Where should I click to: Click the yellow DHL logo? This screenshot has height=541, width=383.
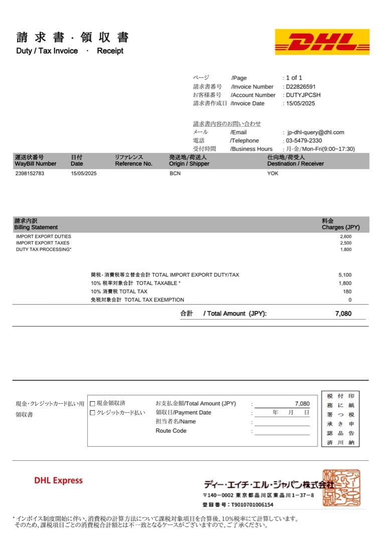[x=322, y=42]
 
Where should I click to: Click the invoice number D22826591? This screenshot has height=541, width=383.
[x=301, y=87]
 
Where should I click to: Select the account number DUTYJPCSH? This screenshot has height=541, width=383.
[x=303, y=95]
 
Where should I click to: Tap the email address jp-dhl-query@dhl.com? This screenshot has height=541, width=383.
[x=316, y=132]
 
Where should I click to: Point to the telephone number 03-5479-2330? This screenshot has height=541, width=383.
[x=304, y=141]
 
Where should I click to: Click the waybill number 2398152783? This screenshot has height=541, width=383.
[x=30, y=173]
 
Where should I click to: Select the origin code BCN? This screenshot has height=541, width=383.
[x=175, y=173]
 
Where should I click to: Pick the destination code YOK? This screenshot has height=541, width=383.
[x=273, y=173]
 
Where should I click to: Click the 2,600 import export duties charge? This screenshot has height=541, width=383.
[x=345, y=236]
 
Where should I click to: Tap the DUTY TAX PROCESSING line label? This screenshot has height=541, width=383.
[x=44, y=249]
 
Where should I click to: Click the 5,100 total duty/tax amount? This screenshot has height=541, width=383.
[x=345, y=275]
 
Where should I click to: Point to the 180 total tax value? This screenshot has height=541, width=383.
[x=347, y=292]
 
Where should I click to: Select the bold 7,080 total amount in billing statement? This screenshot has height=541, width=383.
[x=343, y=314]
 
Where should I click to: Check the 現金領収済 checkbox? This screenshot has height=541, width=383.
[x=92, y=403]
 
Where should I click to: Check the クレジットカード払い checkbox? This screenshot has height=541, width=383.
[x=92, y=413]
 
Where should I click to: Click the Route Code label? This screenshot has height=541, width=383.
[x=171, y=431]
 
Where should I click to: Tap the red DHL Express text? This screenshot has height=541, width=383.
[x=58, y=480]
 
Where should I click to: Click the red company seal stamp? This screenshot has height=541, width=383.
[x=341, y=487]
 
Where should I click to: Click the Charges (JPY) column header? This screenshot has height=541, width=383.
[x=340, y=227]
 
